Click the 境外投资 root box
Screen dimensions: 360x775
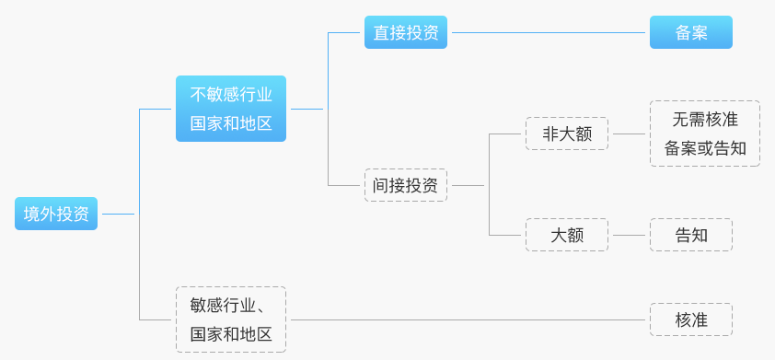pyautogui.click(x=56, y=214)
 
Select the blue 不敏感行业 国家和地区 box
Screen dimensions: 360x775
pyautogui.click(x=231, y=109)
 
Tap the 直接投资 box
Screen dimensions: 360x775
pyautogui.click(x=405, y=32)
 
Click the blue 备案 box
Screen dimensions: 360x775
pyautogui.click(x=690, y=32)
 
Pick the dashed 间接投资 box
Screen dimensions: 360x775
pyautogui.click(x=405, y=185)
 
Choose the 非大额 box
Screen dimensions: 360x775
pyautogui.click(x=567, y=134)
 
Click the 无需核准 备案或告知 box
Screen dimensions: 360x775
pyautogui.click(x=704, y=134)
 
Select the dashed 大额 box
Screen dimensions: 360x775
pyautogui.click(x=567, y=235)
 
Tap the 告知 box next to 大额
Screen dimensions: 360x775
pyautogui.click(x=690, y=235)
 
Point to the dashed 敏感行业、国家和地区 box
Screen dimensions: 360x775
pyautogui.click(x=231, y=319)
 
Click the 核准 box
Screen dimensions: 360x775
pyautogui.click(x=690, y=319)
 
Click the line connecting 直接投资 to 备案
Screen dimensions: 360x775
pyautogui.click(x=548, y=32)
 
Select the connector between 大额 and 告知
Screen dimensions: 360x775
pyautogui.click(x=629, y=235)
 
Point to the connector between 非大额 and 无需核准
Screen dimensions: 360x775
pyautogui.click(x=629, y=134)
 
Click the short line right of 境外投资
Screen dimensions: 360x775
pyautogui.click(x=118, y=214)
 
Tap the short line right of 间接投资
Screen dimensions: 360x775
pyautogui.click(x=468, y=185)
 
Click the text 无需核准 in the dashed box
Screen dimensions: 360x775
pyautogui.click(x=704, y=120)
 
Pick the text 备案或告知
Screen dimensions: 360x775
pyautogui.click(x=704, y=147)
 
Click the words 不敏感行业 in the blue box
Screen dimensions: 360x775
pyautogui.click(x=231, y=95)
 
